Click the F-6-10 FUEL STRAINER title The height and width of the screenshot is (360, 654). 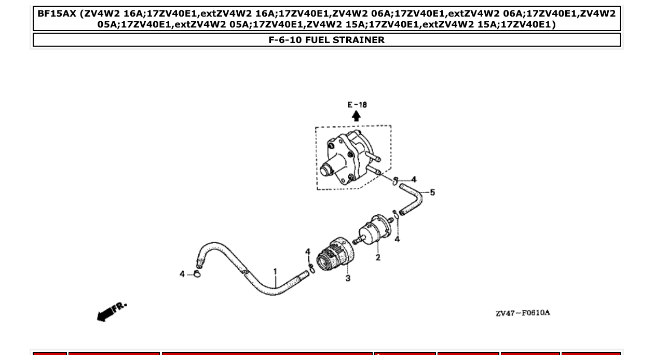pyautogui.click(x=326, y=40)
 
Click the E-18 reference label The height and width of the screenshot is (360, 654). pyautogui.click(x=357, y=105)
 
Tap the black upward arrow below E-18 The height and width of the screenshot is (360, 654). pyautogui.click(x=356, y=116)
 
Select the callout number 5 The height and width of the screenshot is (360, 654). pyautogui.click(x=432, y=192)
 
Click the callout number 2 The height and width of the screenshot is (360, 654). pyautogui.click(x=378, y=257)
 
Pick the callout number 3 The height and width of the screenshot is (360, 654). pyautogui.click(x=348, y=278)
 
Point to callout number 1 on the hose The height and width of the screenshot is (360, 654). pyautogui.click(x=275, y=271)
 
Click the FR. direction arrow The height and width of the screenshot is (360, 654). pyautogui.click(x=110, y=311)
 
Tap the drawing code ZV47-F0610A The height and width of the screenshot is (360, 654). pyautogui.click(x=522, y=313)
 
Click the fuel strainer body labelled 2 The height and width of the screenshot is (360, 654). pyautogui.click(x=374, y=234)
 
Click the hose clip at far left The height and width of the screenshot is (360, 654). pyautogui.click(x=197, y=273)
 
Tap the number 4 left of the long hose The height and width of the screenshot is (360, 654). pyautogui.click(x=182, y=273)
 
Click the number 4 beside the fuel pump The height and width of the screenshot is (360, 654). pyautogui.click(x=414, y=179)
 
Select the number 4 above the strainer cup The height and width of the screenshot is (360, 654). pyautogui.click(x=308, y=252)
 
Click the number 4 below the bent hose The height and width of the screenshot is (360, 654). pyautogui.click(x=397, y=239)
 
